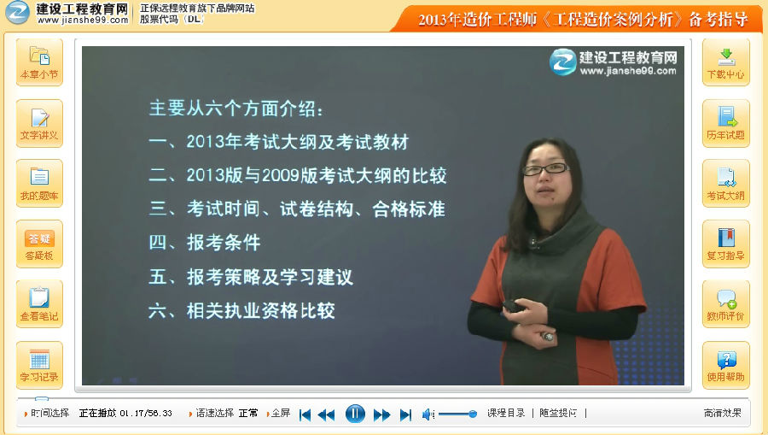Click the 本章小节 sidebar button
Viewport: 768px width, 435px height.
click(x=39, y=62)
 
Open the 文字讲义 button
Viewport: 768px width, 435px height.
click(x=39, y=123)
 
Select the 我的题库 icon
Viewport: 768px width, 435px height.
click(x=39, y=184)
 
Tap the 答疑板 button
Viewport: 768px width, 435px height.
click(x=39, y=244)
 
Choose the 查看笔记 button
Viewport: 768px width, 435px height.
click(x=39, y=304)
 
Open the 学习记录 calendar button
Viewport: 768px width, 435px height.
click(x=39, y=366)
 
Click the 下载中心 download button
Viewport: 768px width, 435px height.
click(x=726, y=62)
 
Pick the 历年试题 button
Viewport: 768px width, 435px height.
click(x=726, y=123)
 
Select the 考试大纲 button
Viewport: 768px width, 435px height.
click(x=726, y=184)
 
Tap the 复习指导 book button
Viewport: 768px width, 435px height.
click(x=726, y=244)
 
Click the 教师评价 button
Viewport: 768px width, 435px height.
click(x=726, y=304)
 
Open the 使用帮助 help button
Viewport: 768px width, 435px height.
click(x=726, y=366)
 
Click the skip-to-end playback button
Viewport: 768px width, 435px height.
click(x=405, y=414)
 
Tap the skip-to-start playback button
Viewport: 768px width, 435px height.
click(x=305, y=414)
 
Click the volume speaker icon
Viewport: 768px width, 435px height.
click(x=428, y=414)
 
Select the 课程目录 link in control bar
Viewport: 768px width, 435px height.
click(x=505, y=414)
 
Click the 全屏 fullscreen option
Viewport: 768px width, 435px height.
click(x=281, y=414)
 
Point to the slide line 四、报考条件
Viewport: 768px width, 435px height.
click(x=204, y=242)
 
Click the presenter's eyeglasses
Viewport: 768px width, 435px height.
click(x=545, y=169)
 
